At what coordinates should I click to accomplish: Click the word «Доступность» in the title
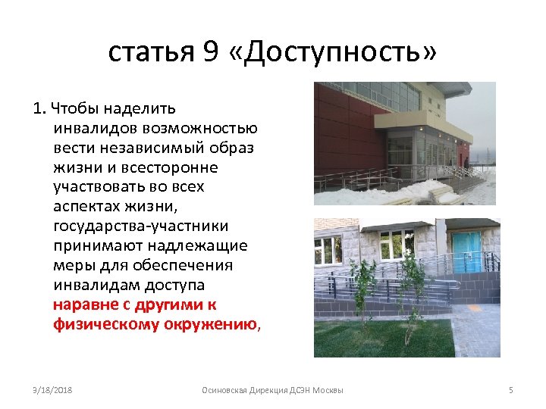tap(332, 52)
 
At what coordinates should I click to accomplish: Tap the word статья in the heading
tap(152, 52)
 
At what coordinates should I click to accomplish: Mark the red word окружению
tap(215, 325)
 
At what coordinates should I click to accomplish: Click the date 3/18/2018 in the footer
tap(52, 389)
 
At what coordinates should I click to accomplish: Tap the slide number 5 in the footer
tap(510, 389)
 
